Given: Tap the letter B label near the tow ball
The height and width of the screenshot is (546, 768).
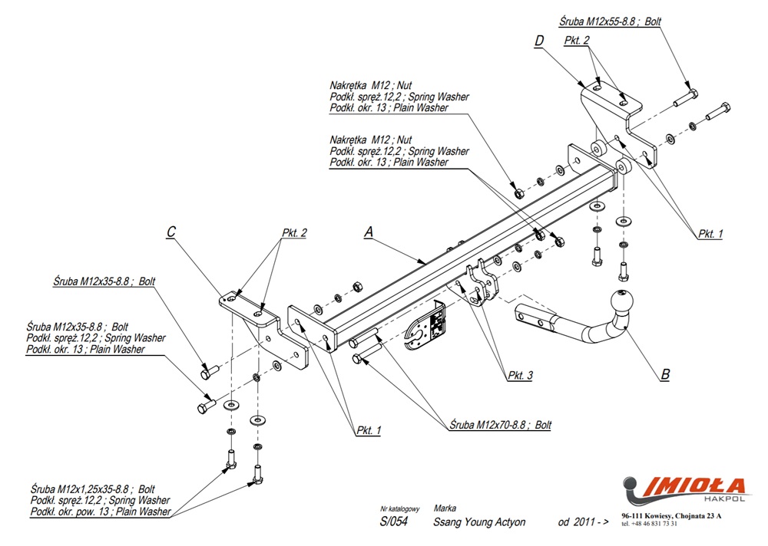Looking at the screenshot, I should [x=665, y=375].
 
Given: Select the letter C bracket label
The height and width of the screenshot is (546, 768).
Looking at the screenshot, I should [x=171, y=232].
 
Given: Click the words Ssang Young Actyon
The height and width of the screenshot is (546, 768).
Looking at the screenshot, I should [x=479, y=522].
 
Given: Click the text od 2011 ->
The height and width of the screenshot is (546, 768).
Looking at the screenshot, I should [x=583, y=522].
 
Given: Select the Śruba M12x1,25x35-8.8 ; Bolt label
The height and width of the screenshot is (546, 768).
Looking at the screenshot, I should [x=93, y=488].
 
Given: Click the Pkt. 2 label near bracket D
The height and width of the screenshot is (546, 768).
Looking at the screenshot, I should [x=576, y=40].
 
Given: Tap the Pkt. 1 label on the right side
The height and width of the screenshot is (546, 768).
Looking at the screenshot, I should [x=710, y=234].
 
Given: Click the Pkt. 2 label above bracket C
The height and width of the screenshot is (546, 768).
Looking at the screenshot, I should [x=294, y=232].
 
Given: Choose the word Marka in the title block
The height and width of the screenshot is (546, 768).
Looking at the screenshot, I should [x=445, y=508].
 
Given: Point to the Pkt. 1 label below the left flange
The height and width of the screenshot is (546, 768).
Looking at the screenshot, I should [x=369, y=430].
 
